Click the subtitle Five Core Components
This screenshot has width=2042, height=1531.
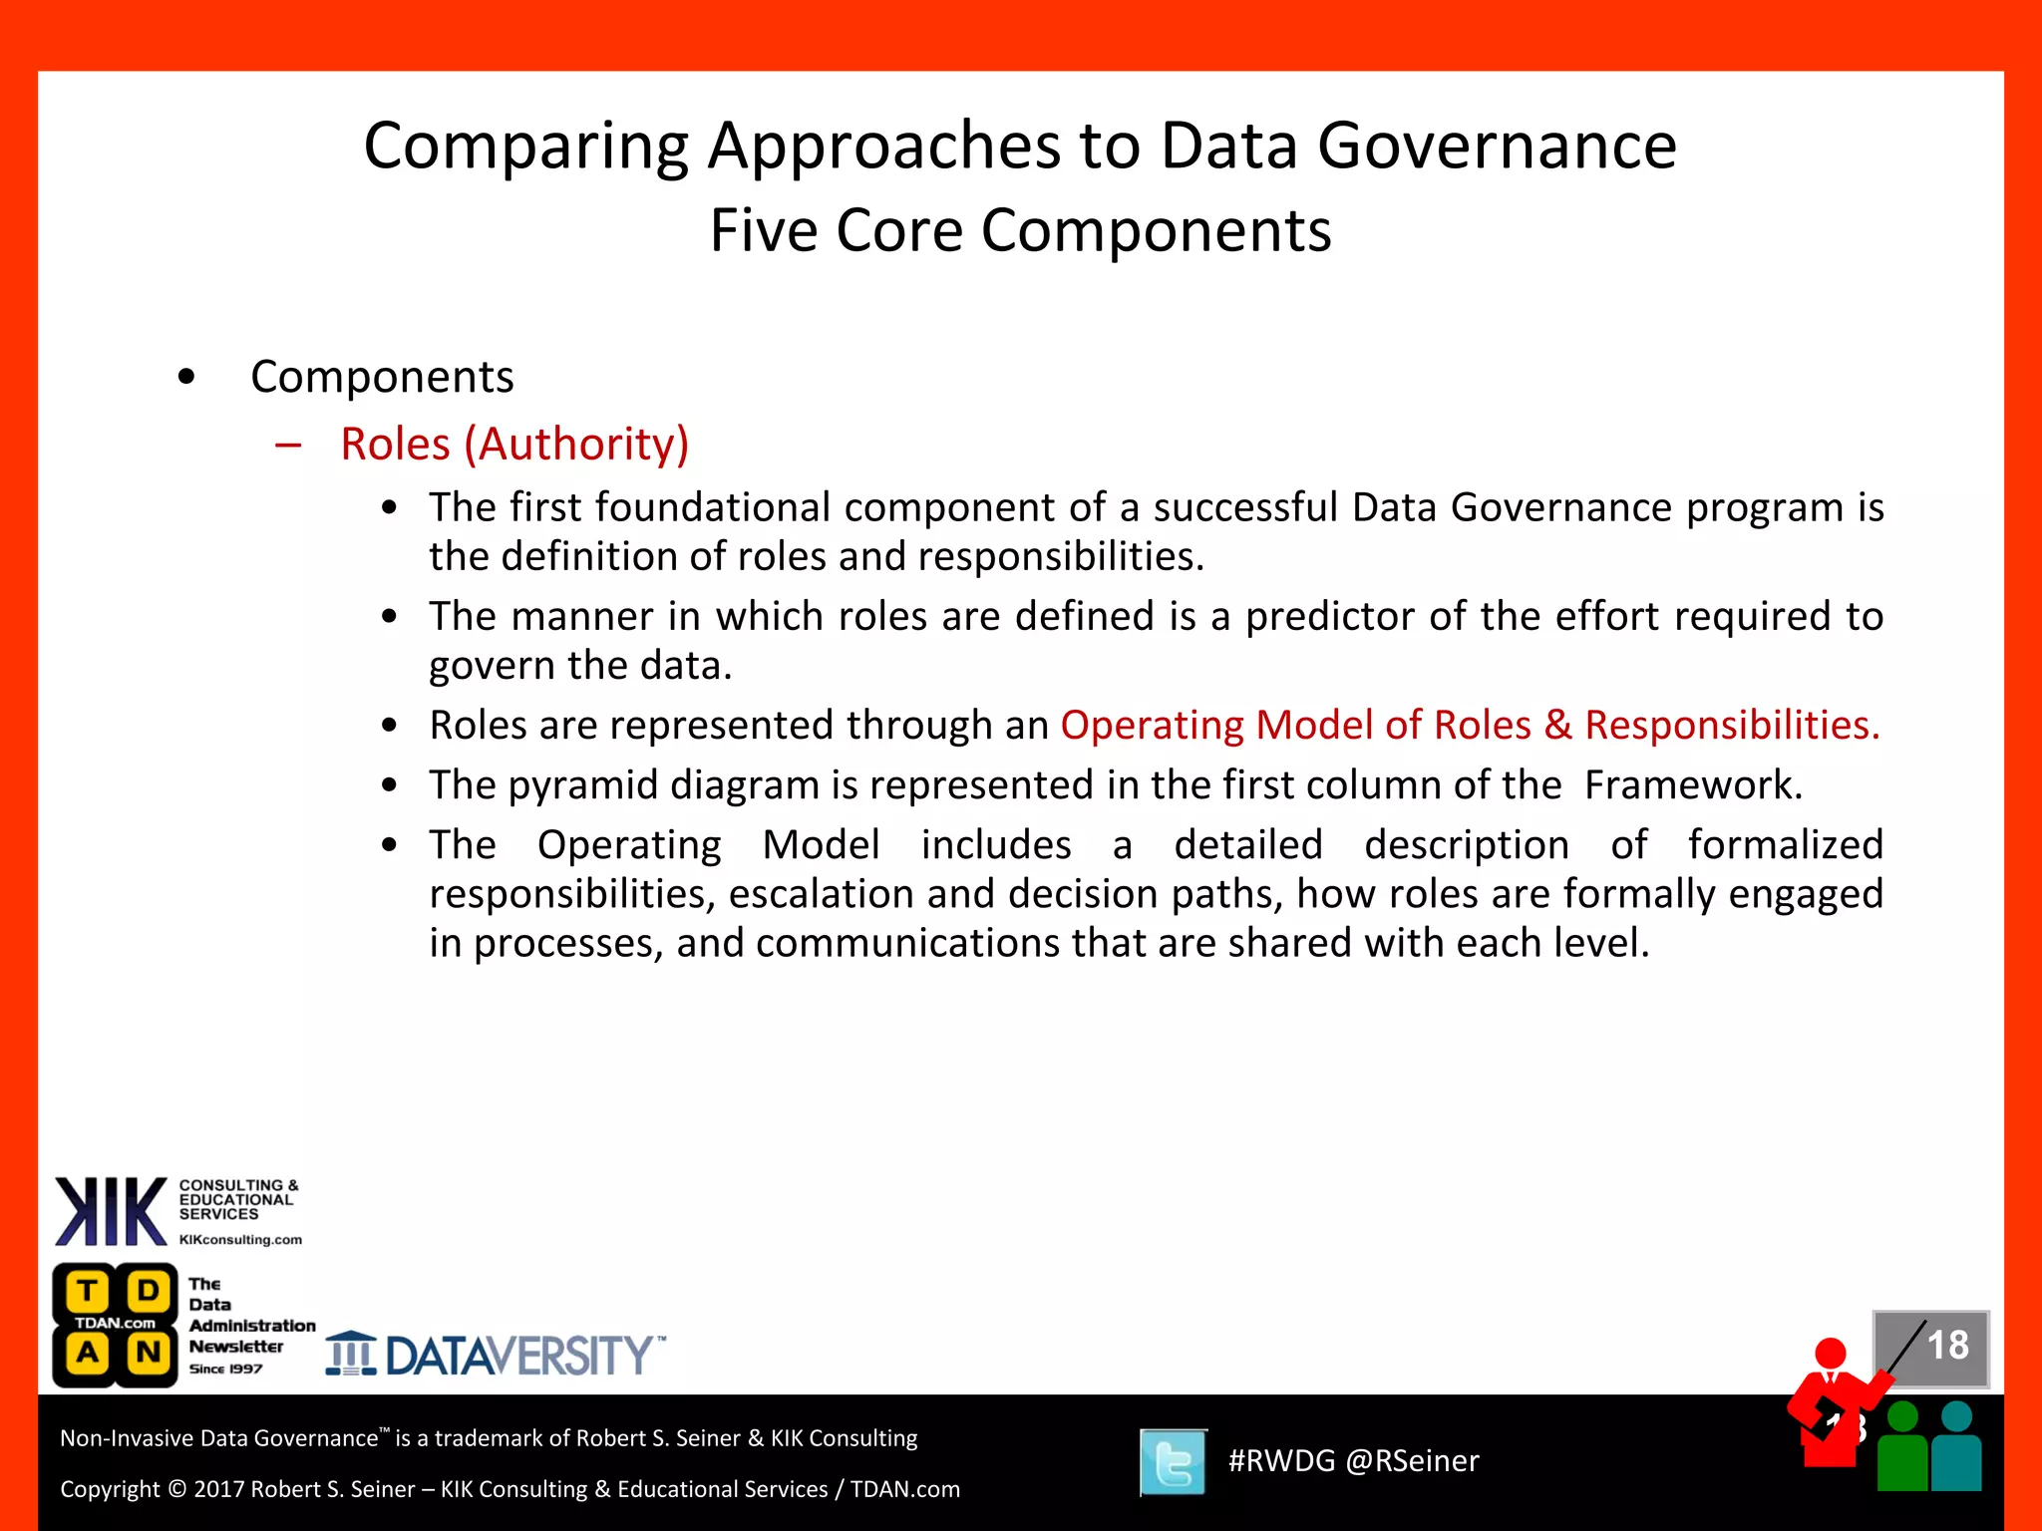pyautogui.click(x=1020, y=231)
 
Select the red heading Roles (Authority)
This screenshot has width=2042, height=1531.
pyautogui.click(x=514, y=445)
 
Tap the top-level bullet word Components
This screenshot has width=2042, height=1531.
pyautogui.click(x=382, y=378)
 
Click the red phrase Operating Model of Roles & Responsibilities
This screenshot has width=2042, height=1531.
pyautogui.click(x=1469, y=726)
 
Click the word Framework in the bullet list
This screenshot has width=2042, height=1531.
pyautogui.click(x=1692, y=785)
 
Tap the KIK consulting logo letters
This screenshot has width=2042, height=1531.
pyautogui.click(x=110, y=1212)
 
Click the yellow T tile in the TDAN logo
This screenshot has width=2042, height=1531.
pyautogui.click(x=88, y=1291)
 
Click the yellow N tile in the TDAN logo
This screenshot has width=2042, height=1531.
pyautogui.click(x=149, y=1353)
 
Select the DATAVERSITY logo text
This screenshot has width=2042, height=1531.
pyautogui.click(x=518, y=1357)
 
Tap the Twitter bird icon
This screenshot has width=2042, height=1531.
pyautogui.click(x=1173, y=1462)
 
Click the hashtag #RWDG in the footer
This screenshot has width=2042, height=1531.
pyautogui.click(x=1281, y=1461)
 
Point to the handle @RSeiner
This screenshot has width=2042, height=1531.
pyautogui.click(x=1412, y=1461)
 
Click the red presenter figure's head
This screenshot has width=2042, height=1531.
pyautogui.click(x=1831, y=1354)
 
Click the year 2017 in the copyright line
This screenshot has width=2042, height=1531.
pyautogui.click(x=218, y=1489)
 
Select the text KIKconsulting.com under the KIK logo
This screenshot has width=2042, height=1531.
pyautogui.click(x=240, y=1240)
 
